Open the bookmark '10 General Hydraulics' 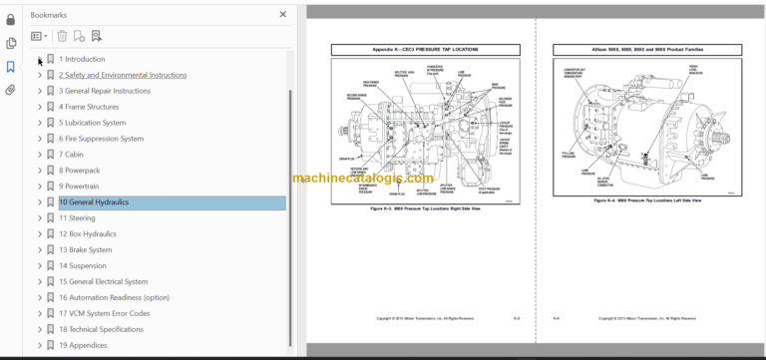94,202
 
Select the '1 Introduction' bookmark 82,59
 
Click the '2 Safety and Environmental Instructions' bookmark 122,75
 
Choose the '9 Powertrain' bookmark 79,186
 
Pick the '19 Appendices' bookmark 83,345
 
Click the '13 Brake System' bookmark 86,249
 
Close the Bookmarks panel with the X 282,15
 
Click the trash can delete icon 62,36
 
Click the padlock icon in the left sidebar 11,19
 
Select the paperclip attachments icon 11,90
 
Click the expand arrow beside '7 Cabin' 39,155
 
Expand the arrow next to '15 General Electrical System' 39,281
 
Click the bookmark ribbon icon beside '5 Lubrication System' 51,123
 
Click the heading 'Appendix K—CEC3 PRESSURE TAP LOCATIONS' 419,49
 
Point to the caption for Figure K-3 419,208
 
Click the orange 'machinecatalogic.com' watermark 363,179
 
